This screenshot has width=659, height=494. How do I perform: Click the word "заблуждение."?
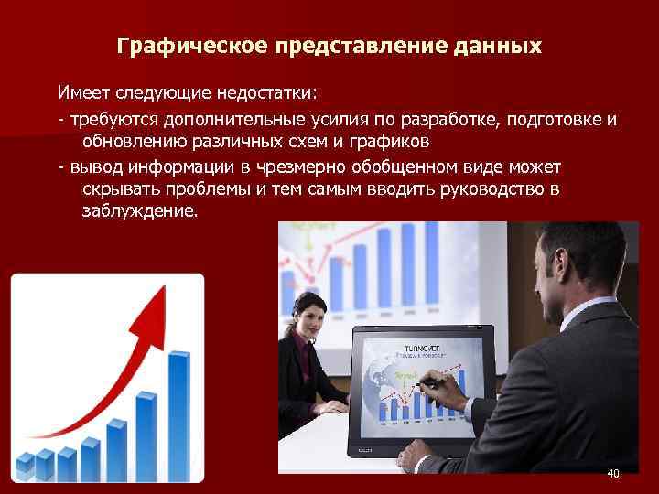point(139,211)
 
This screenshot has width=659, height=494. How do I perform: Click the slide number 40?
point(612,473)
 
